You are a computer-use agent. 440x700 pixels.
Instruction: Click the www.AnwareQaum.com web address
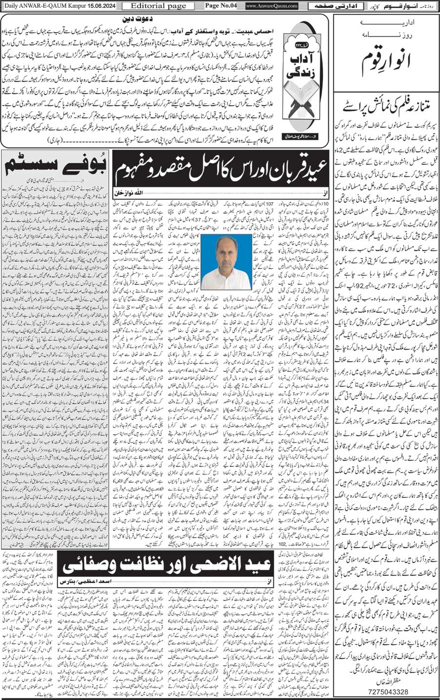pos(271,6)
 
